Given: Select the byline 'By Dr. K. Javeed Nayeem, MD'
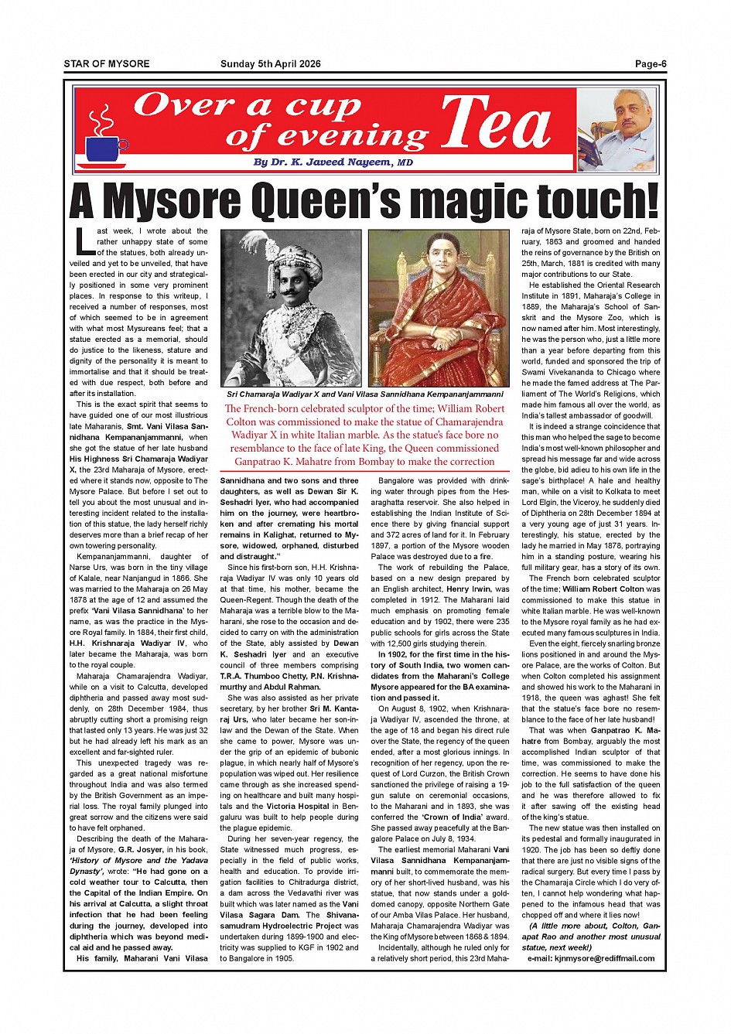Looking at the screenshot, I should click(333, 162).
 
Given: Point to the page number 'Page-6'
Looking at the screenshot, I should click(651, 64).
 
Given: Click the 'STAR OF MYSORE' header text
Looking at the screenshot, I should click(107, 64).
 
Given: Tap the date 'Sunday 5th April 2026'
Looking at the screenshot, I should click(271, 64).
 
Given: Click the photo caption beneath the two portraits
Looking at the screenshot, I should click(364, 394).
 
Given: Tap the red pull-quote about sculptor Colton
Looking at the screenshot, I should click(364, 435).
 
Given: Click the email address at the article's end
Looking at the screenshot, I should click(591, 958).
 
